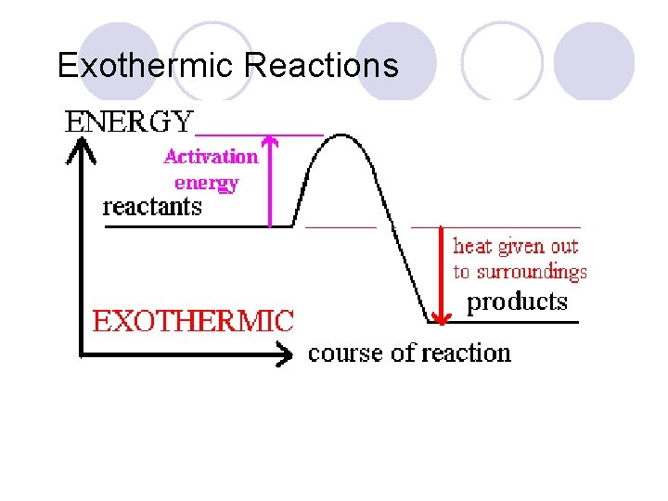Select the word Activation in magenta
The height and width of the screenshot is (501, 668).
(x=211, y=156)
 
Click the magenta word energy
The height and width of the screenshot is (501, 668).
(x=206, y=183)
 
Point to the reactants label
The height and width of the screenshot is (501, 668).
(x=151, y=206)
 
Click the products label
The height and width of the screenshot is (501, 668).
(x=516, y=302)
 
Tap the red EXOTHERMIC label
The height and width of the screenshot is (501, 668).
(x=193, y=322)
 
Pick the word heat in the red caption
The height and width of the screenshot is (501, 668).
(x=472, y=247)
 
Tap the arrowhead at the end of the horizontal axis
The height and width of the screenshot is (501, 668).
(x=288, y=353)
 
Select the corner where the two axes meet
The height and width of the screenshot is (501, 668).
(x=83, y=353)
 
